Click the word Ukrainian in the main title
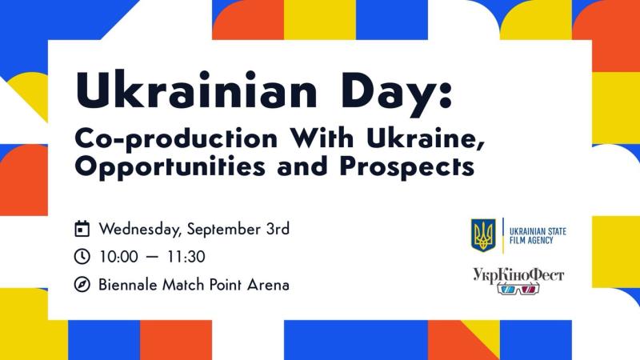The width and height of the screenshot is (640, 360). [x=196, y=90]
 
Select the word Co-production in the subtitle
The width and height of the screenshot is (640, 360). [x=176, y=139]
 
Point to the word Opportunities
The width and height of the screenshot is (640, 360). [x=170, y=167]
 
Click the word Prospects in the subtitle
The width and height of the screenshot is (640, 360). [x=407, y=167]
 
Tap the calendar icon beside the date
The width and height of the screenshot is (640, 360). [x=82, y=229]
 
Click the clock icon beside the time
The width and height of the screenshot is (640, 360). [x=82, y=257]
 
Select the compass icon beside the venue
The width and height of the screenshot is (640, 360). [x=82, y=285]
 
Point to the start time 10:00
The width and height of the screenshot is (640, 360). [x=118, y=257]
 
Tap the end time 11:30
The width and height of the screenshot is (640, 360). [x=186, y=257]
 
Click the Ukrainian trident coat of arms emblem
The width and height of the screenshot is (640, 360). [x=483, y=235]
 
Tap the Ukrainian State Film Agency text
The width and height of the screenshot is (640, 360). [x=538, y=236]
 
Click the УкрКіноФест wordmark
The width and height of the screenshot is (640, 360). [x=518, y=275]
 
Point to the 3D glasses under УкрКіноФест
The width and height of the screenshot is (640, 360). [x=518, y=290]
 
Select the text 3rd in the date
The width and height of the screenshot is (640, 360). [x=278, y=229]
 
